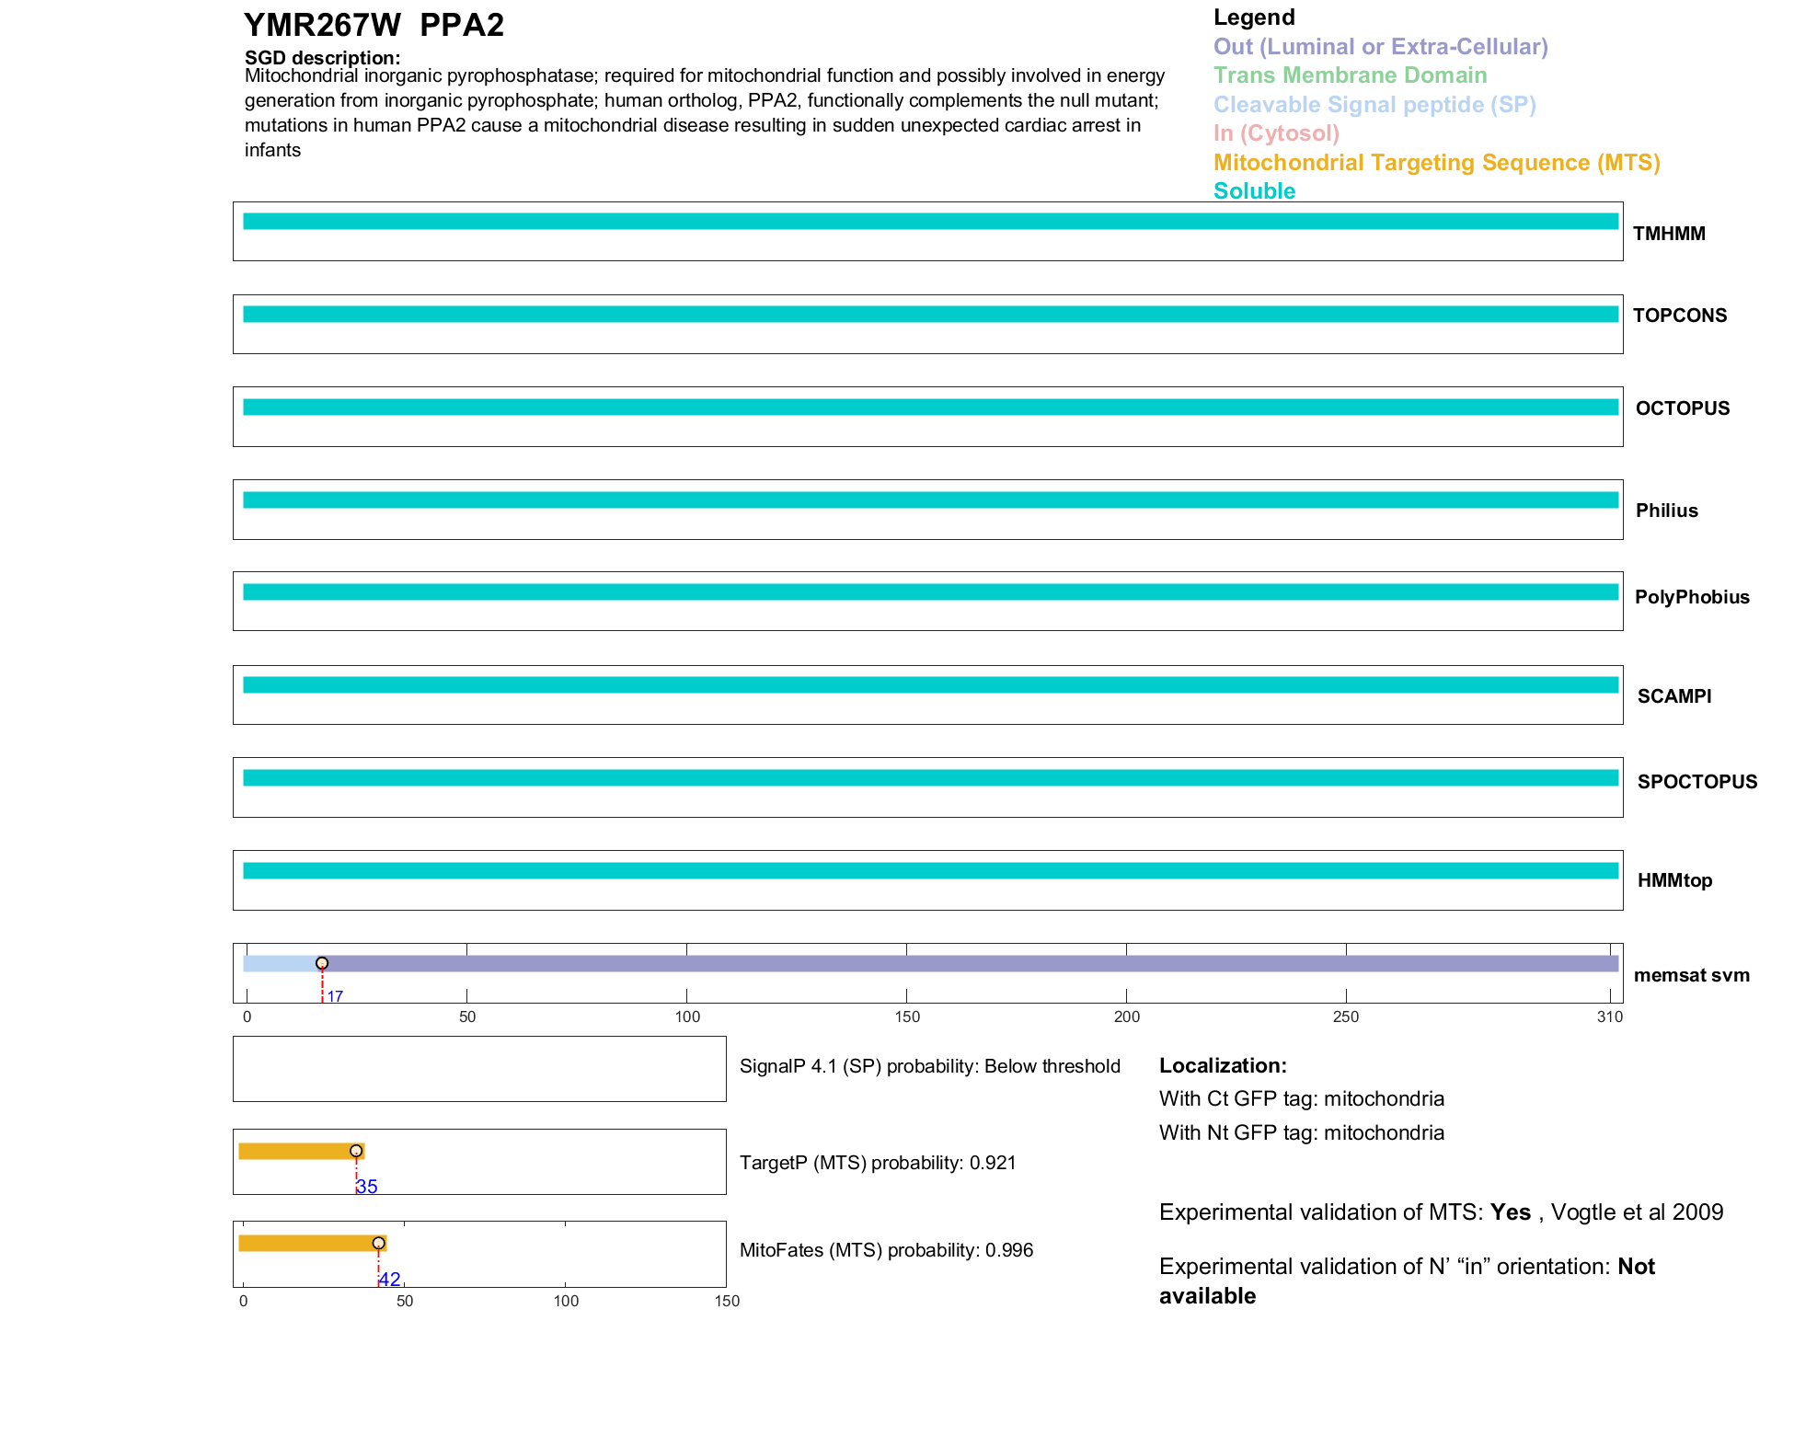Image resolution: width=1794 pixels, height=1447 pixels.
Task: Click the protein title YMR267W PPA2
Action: click(374, 25)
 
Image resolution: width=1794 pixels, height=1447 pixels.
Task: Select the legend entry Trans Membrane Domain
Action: click(1350, 75)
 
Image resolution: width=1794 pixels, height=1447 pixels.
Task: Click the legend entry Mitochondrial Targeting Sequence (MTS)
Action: click(1436, 163)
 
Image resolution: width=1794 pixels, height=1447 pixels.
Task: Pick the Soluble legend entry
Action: click(1254, 191)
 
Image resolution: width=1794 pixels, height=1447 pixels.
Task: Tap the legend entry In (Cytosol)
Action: click(1276, 133)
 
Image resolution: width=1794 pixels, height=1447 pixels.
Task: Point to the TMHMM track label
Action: click(1669, 234)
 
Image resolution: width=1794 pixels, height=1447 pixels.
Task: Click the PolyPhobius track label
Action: click(1691, 597)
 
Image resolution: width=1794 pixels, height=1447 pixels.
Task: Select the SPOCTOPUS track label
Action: click(1696, 782)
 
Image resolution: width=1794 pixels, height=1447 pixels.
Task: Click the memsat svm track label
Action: click(1691, 975)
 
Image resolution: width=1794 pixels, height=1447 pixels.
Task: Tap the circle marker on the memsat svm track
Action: click(322, 963)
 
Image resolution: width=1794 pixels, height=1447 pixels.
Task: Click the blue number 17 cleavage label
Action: click(335, 996)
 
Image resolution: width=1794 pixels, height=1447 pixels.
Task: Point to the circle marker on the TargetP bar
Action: click(356, 1151)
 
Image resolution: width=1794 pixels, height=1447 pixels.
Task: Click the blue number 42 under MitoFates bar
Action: click(390, 1280)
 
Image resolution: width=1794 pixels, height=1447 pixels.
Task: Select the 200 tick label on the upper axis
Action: click(1126, 1016)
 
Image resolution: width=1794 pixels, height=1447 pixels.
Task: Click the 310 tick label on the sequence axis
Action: click(1609, 1016)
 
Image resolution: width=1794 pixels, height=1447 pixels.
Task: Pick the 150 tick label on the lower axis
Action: click(727, 1301)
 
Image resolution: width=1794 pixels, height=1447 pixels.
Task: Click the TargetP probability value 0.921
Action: click(993, 1163)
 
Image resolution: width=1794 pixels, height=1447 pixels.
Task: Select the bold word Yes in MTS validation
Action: click(1510, 1212)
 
